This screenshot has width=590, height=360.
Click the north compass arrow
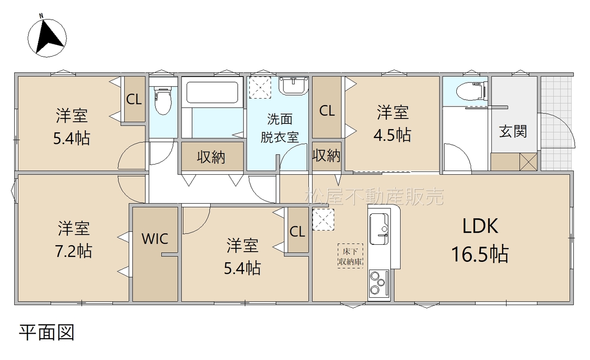pyautogui.click(x=49, y=38)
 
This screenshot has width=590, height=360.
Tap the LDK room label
pyautogui.click(x=480, y=226)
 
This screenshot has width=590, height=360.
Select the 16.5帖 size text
pyautogui.click(x=480, y=254)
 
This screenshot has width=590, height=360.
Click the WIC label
pyautogui.click(x=155, y=239)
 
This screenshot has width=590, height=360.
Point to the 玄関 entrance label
pyautogui.click(x=513, y=131)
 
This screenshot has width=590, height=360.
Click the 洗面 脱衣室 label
pyautogui.click(x=279, y=128)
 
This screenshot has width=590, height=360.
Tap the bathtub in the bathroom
pyautogui.click(x=212, y=92)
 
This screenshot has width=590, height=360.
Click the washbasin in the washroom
pyautogui.click(x=294, y=86)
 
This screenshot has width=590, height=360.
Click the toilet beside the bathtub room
pyautogui.click(x=163, y=100)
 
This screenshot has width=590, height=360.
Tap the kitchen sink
pyautogui.click(x=379, y=229)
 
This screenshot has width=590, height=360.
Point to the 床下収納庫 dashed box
pyautogui.click(x=350, y=256)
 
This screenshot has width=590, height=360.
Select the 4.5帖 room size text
pyautogui.click(x=392, y=135)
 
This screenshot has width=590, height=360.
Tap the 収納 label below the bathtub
pyautogui.click(x=211, y=157)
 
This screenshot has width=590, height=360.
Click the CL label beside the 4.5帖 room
pyautogui.click(x=327, y=111)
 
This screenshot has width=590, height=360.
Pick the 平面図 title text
pyautogui.click(x=47, y=332)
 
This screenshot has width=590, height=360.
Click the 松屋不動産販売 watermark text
pyautogui.click(x=374, y=196)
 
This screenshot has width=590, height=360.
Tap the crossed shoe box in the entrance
pyautogui.click(x=528, y=162)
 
